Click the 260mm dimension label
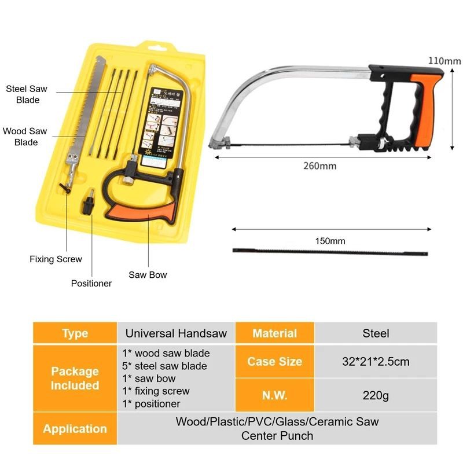[319, 166]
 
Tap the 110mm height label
[444, 60]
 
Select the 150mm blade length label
[330, 241]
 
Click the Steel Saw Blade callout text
[27, 94]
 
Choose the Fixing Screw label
[56, 259]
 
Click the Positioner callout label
[91, 283]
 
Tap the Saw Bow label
[148, 275]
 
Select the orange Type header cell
[75, 333]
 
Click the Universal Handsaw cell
[177, 333]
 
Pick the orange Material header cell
[274, 333]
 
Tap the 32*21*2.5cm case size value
[376, 362]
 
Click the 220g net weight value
[376, 396]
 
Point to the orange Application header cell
[75, 429]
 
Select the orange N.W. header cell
[274, 396]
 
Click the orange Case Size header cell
[274, 362]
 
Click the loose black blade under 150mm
[330, 252]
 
